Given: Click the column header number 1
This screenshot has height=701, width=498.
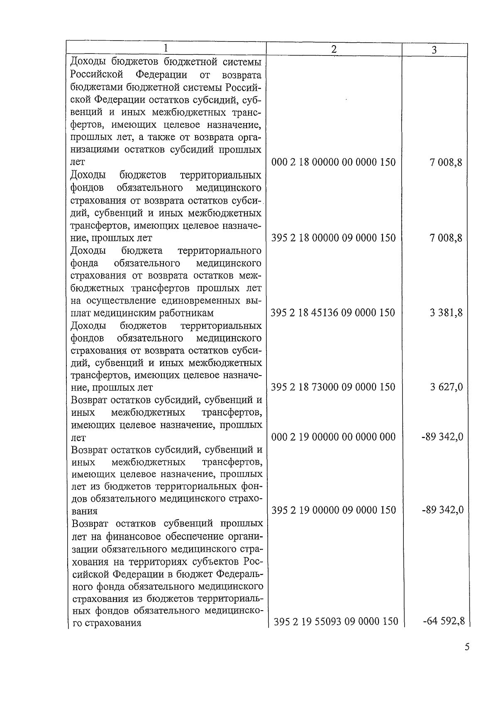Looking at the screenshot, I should click(x=166, y=48).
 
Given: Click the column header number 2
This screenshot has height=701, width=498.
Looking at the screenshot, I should click(x=334, y=49).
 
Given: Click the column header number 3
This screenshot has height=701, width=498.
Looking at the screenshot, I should click(x=434, y=50).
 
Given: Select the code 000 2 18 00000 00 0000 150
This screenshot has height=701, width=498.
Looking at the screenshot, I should click(x=333, y=162).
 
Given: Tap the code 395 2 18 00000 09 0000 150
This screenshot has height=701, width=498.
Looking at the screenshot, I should click(x=333, y=238).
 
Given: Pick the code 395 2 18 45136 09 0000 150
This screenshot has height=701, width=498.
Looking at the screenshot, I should click(x=333, y=313).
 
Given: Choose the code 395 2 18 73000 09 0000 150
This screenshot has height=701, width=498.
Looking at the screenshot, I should click(x=333, y=387).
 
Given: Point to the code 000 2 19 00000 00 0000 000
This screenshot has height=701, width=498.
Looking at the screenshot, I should click(x=333, y=437).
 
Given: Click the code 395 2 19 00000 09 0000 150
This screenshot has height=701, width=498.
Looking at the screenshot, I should click(x=334, y=510).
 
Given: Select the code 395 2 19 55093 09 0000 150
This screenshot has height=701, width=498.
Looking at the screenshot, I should click(x=336, y=621).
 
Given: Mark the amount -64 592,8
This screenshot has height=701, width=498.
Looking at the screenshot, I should click(x=444, y=621).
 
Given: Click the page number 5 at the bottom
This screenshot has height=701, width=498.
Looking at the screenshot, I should click(x=467, y=647).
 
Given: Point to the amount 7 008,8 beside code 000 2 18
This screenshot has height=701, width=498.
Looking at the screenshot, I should click(x=447, y=162).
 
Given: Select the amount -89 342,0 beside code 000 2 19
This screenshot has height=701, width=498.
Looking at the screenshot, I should click(x=442, y=437).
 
